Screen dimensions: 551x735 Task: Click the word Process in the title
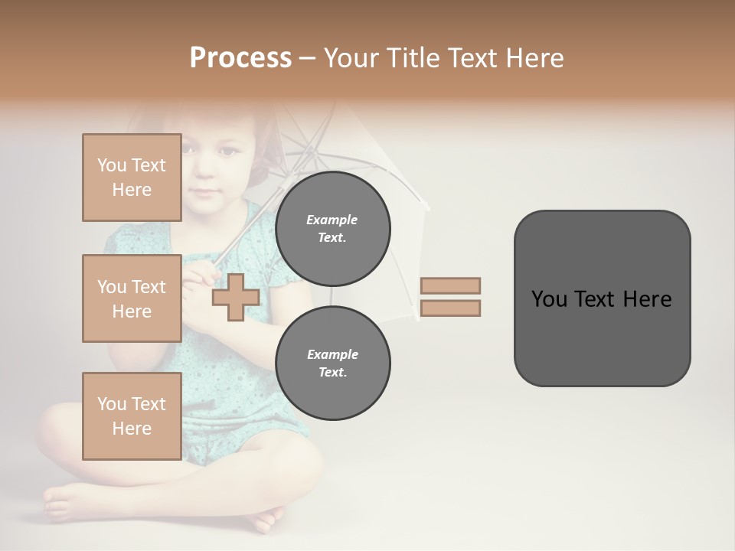240,58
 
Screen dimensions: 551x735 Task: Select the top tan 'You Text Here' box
132,178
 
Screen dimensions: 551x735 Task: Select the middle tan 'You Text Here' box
132,298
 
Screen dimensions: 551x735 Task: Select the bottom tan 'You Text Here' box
132,416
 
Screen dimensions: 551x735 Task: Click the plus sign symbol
235,296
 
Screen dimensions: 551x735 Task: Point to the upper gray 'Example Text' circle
332,229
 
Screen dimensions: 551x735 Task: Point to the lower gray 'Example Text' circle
332,363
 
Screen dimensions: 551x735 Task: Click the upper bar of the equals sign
450,285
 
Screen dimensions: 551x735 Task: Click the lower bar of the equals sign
450,308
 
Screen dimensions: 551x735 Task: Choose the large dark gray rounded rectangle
602,298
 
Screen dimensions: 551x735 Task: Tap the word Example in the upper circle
332,220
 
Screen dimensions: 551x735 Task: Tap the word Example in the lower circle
332,354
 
